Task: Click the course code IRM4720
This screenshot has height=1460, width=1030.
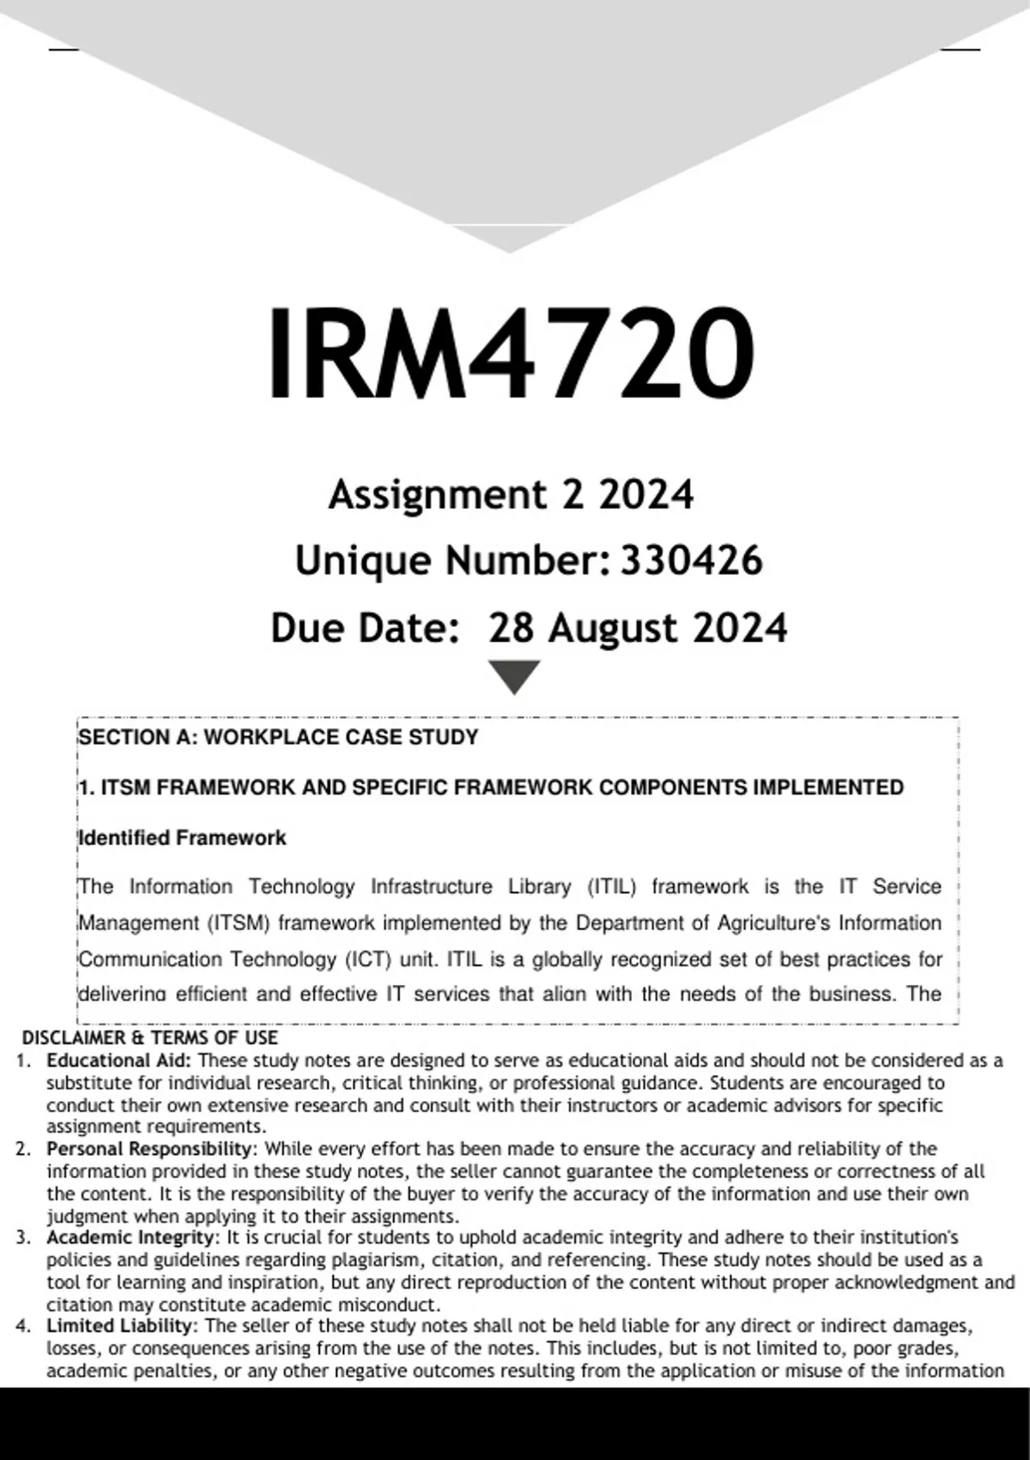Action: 512,354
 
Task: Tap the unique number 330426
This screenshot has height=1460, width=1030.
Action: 691,561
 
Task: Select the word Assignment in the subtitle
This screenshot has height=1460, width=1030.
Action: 437,496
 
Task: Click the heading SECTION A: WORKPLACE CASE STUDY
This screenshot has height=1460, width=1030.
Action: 278,737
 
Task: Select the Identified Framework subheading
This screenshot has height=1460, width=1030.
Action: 182,837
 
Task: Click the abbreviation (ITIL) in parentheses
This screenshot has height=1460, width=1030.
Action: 612,886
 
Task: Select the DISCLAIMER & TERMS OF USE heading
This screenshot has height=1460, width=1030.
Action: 149,1037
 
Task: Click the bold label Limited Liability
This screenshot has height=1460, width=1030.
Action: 121,1326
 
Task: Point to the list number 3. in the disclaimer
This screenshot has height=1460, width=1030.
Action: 23,1238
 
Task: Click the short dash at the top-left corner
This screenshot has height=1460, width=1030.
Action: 64,50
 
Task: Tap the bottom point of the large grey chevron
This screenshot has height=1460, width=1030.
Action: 509,250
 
